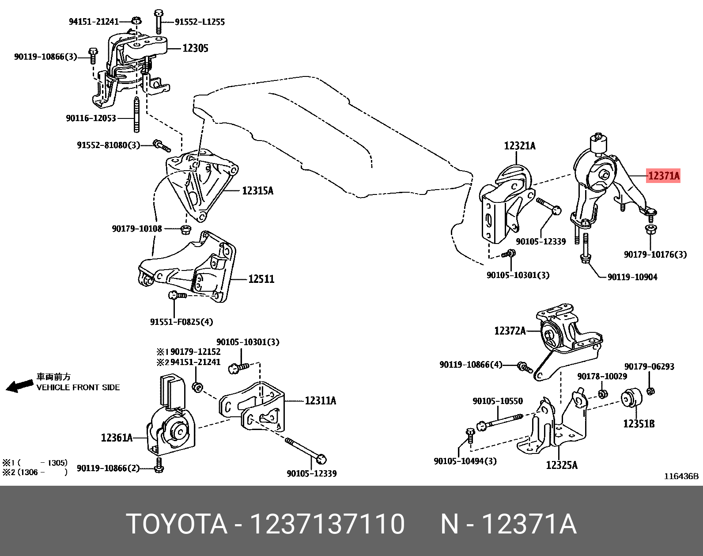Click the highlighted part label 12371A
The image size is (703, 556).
pyautogui.click(x=663, y=176)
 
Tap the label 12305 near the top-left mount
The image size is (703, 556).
pyautogui.click(x=195, y=48)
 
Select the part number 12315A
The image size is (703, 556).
pyautogui.click(x=257, y=191)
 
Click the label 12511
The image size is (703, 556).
pyautogui.click(x=261, y=279)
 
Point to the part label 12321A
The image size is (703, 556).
pyautogui.click(x=519, y=146)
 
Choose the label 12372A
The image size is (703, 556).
pyautogui.click(x=510, y=331)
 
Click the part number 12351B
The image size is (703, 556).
pyautogui.click(x=639, y=424)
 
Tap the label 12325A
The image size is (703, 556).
pyautogui.click(x=561, y=465)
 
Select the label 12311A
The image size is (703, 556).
pyautogui.click(x=320, y=401)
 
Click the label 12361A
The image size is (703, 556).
pyautogui.click(x=117, y=438)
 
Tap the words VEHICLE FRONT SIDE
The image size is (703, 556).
pyautogui.click(x=78, y=388)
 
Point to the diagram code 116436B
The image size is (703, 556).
pyautogui.click(x=681, y=476)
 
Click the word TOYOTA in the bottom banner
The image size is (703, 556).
pyautogui.click(x=177, y=524)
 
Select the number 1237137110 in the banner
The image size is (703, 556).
pyautogui.click(x=327, y=524)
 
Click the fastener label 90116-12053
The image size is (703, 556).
pyautogui.click(x=91, y=118)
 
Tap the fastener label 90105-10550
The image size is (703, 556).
pyautogui.click(x=497, y=401)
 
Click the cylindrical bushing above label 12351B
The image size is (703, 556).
pyautogui.click(x=631, y=397)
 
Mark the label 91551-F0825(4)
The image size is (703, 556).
pyautogui.click(x=181, y=322)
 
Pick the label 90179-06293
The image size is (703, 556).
pyautogui.click(x=649, y=366)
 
